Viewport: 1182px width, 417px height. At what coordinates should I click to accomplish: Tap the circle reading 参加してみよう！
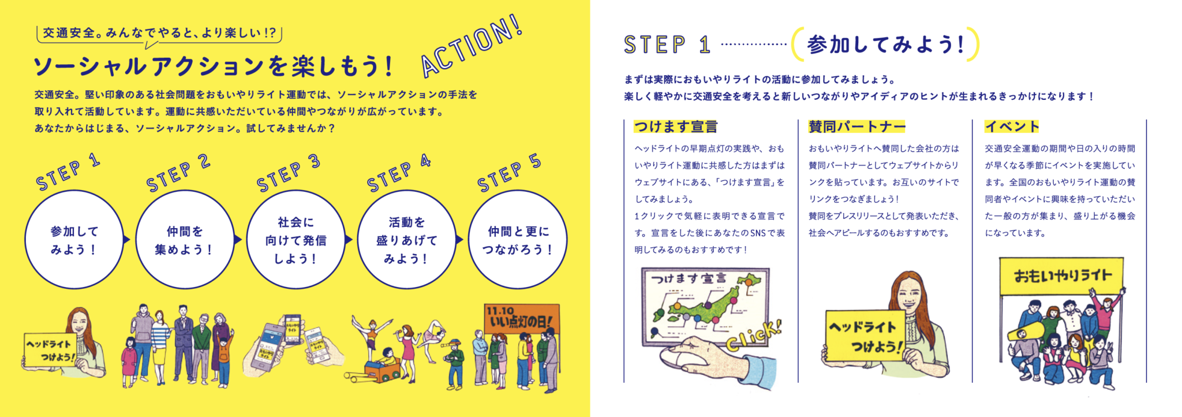[74, 239]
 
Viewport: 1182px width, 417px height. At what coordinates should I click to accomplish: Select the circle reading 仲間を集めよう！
[185, 239]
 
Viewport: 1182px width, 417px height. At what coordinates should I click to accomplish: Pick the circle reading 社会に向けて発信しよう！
[295, 239]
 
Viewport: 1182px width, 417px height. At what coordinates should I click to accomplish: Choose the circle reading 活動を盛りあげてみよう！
[406, 239]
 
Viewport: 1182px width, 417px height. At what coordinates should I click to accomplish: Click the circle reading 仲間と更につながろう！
[518, 239]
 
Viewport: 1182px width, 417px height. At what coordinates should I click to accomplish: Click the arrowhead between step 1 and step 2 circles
[127, 239]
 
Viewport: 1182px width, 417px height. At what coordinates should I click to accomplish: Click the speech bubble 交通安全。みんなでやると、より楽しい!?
[159, 35]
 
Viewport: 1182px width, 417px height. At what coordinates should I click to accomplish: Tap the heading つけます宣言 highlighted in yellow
[676, 126]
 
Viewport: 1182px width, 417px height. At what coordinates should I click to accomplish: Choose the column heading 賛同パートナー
[857, 126]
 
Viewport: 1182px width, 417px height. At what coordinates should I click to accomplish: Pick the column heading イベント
[1012, 126]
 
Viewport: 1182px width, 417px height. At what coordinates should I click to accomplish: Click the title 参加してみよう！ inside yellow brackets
[885, 44]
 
